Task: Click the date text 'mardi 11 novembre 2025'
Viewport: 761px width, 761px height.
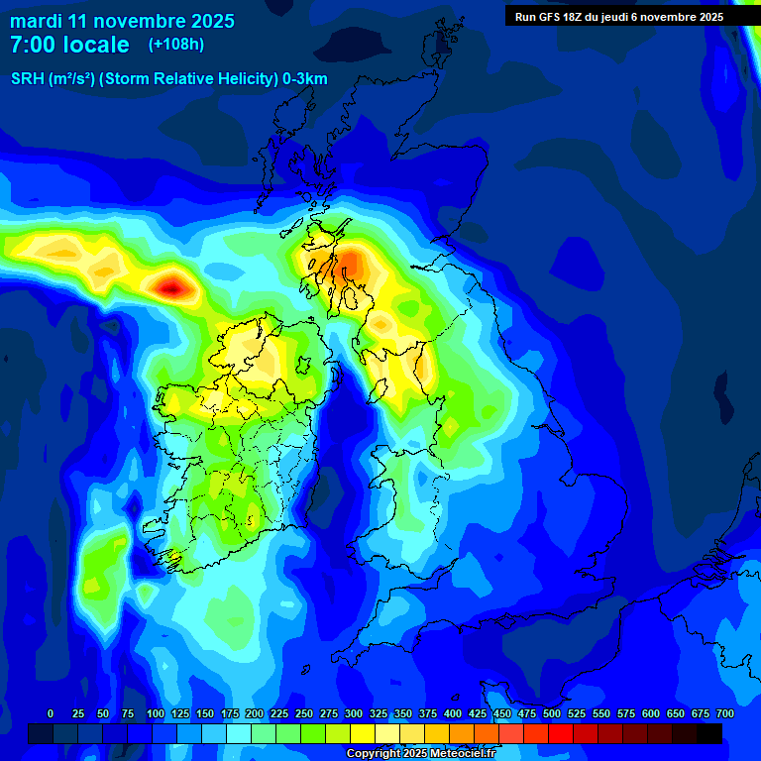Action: [x=122, y=21]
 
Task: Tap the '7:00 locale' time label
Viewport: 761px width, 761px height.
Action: [x=69, y=45]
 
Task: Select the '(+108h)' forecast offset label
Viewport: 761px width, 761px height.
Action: [x=175, y=45]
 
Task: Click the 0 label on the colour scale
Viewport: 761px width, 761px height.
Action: [x=51, y=713]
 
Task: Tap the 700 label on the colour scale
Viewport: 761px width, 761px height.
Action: [x=724, y=713]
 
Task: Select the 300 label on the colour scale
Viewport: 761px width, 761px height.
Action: [x=354, y=713]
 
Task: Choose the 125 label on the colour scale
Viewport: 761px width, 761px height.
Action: [x=180, y=713]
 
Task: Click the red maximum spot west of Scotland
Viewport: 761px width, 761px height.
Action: [x=173, y=288]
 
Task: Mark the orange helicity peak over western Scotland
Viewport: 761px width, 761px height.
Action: [x=352, y=265]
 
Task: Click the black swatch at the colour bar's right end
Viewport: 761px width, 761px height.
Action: [x=708, y=733]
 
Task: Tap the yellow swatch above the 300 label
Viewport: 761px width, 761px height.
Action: [x=362, y=733]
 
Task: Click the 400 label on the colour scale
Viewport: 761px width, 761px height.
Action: [x=453, y=713]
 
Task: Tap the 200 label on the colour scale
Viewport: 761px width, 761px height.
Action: [x=255, y=713]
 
